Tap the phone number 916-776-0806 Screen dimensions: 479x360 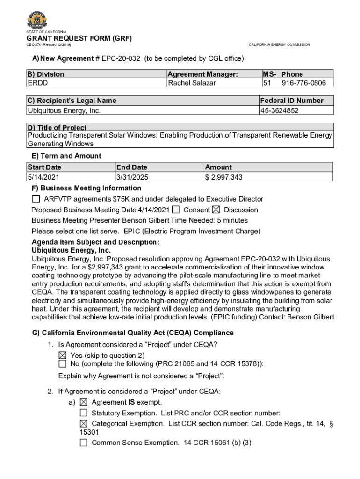306,83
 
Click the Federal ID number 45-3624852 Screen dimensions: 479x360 280,110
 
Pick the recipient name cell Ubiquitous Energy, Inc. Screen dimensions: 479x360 64,110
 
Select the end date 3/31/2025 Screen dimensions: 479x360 132,177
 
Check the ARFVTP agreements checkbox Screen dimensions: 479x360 36,199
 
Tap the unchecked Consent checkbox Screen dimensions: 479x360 176,210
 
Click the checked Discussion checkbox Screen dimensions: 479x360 216,210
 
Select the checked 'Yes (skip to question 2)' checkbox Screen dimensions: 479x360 62,356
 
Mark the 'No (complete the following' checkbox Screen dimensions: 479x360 62,364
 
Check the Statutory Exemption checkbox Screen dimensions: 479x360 84,413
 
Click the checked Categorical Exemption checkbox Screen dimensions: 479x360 84,423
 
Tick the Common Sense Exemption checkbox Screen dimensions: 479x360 84,443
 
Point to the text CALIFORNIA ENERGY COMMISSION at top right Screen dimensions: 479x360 279,44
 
